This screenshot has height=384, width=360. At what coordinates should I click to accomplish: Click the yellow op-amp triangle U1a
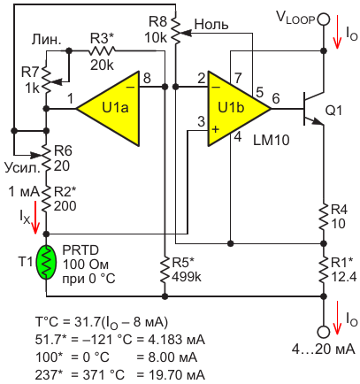click(x=113, y=109)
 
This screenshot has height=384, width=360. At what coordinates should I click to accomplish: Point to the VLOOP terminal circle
click(x=324, y=19)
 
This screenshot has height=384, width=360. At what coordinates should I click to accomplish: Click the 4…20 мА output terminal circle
click(x=324, y=332)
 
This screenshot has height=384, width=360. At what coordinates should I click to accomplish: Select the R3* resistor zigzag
click(x=102, y=50)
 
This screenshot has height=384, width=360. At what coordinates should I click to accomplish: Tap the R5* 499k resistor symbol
click(x=165, y=269)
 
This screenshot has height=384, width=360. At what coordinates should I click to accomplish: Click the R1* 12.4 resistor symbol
click(x=324, y=269)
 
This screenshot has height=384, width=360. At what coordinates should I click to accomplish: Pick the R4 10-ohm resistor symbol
click(x=324, y=217)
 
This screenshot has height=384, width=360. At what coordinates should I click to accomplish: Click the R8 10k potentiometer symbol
click(x=176, y=30)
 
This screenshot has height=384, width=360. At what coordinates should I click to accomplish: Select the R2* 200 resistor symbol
click(x=46, y=199)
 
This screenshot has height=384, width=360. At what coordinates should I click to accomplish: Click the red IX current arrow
click(x=35, y=217)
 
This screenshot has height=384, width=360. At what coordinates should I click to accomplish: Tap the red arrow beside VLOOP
click(x=337, y=32)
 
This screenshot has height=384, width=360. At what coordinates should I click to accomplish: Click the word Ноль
click(x=211, y=24)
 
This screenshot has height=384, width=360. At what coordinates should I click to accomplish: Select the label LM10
click(x=271, y=140)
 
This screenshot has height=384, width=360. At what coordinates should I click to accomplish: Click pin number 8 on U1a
click(x=147, y=79)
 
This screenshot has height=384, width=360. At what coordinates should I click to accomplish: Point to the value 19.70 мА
click(x=171, y=375)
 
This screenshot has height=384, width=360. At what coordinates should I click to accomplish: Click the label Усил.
click(x=22, y=167)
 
